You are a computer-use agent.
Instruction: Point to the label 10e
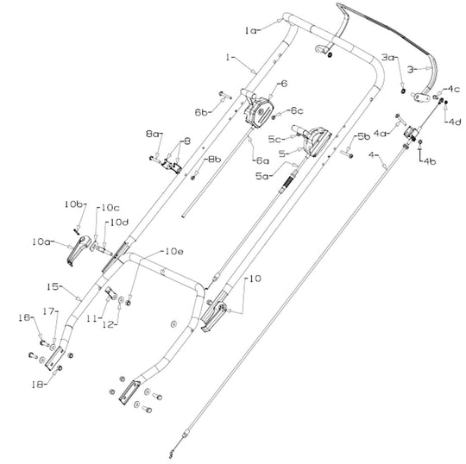click(173, 251)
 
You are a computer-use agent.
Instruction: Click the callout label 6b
click(200, 112)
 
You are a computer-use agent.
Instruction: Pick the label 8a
click(152, 134)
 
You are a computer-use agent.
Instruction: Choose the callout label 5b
click(363, 135)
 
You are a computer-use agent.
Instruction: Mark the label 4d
click(454, 121)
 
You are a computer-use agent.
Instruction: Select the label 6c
click(296, 110)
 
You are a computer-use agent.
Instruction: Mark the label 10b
click(73, 204)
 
